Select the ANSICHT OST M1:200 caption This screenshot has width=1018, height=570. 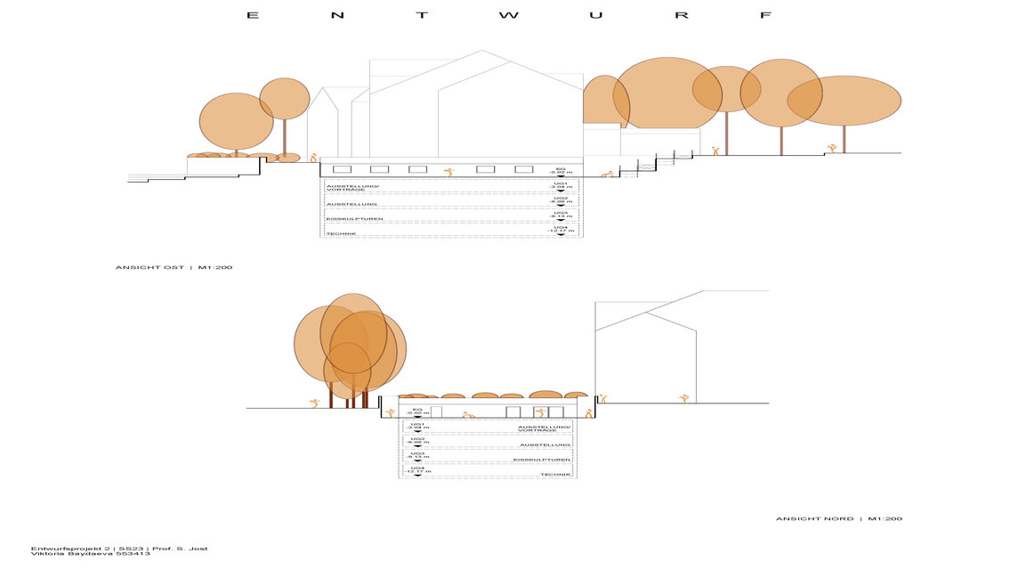[174, 267]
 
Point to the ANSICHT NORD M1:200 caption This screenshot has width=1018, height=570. [839, 518]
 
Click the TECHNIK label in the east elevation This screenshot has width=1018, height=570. [342, 233]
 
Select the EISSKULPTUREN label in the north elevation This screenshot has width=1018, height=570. [542, 460]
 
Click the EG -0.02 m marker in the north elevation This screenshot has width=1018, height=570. [416, 411]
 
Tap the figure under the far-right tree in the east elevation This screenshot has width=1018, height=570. [833, 147]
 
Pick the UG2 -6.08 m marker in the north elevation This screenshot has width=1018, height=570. [416, 441]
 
